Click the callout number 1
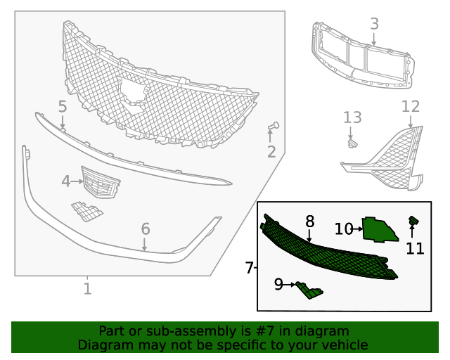87,288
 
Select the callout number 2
271,152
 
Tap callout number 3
374,24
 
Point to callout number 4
66,181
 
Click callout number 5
62,107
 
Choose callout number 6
145,229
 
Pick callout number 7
249,268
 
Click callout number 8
309,222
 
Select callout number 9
278,284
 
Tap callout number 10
343,229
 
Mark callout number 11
415,247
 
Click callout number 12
410,106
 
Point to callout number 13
352,117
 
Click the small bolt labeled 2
274,127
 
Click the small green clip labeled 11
413,222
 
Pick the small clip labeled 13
352,143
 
